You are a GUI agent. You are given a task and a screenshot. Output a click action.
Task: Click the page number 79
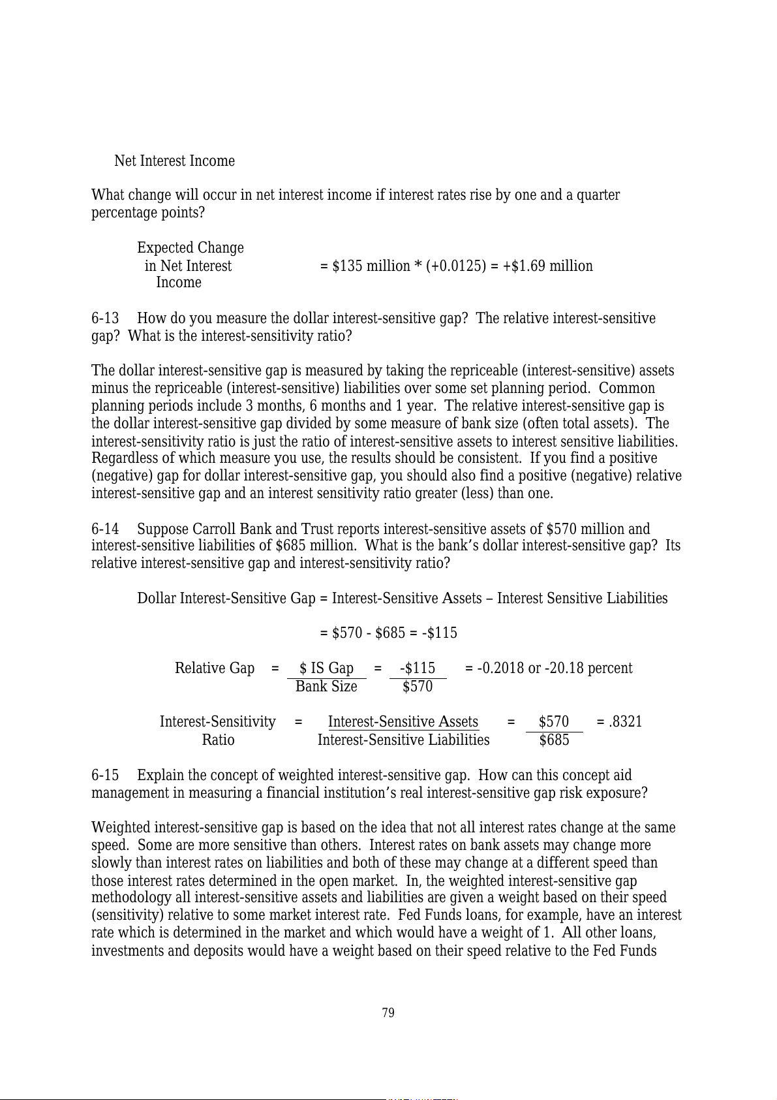[x=388, y=1013]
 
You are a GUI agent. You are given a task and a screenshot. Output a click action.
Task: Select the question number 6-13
[x=105, y=319]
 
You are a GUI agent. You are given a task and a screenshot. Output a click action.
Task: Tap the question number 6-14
[x=105, y=529]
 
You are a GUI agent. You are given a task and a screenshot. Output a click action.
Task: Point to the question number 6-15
[x=105, y=775]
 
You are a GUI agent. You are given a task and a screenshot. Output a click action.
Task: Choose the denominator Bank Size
[x=326, y=687]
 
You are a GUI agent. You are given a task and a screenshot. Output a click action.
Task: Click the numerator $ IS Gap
[x=326, y=668]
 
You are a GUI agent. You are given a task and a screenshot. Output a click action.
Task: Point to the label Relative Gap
[x=215, y=668]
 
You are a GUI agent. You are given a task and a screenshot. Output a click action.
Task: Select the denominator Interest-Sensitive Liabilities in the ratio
[x=403, y=740]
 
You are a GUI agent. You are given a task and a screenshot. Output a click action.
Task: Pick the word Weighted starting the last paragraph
[x=121, y=828]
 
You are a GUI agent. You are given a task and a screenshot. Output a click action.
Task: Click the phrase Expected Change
[x=190, y=248]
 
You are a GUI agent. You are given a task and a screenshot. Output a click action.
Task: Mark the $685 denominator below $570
[x=554, y=740]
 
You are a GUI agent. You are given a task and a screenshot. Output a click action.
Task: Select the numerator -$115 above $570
[x=418, y=668]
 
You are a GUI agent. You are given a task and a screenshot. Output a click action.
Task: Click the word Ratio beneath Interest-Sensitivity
[x=218, y=740]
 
